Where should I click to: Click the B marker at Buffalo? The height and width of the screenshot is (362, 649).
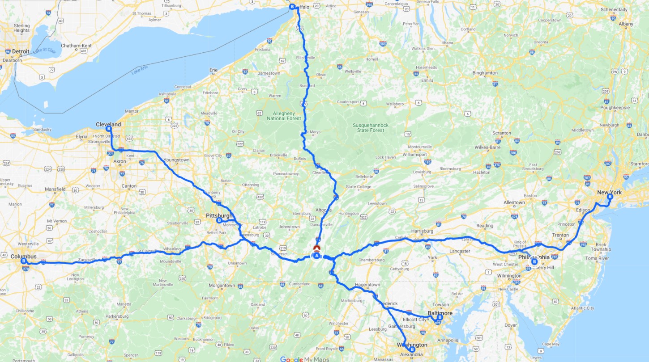292,7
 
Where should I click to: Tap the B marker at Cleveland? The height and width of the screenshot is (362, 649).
108,129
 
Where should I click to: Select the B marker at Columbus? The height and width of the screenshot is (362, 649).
24,261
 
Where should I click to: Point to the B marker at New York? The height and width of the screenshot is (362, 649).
610,196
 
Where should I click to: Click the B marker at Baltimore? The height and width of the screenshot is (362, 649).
440,317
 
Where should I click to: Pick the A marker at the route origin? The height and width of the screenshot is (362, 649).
317,256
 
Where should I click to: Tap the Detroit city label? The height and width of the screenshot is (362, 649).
21,52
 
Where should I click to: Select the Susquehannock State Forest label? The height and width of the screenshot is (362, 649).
371,127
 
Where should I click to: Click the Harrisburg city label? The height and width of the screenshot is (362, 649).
422,231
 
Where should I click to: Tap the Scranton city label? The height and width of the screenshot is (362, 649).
501,133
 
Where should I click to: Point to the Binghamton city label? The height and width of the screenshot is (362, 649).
485,73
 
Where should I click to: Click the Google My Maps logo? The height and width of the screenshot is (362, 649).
304,359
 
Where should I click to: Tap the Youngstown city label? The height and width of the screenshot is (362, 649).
177,160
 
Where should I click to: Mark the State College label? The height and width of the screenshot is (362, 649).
359,187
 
